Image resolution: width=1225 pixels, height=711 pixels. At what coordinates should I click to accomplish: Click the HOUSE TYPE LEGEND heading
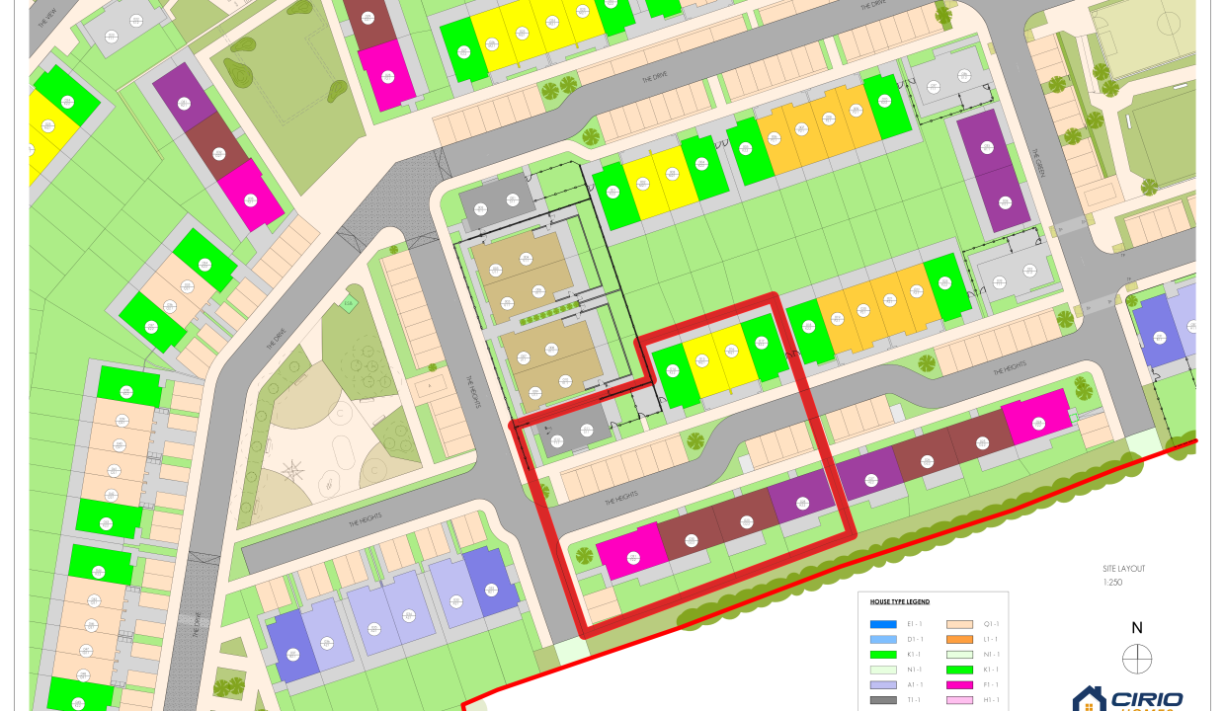pyautogui.click(x=899, y=601)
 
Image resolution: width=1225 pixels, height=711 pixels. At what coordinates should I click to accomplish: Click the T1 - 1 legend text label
pyautogui.click(x=915, y=700)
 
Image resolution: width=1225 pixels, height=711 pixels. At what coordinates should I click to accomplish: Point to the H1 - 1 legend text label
pyautogui.click(x=991, y=700)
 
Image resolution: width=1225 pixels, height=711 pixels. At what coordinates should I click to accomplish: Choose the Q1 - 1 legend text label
pyautogui.click(x=991, y=624)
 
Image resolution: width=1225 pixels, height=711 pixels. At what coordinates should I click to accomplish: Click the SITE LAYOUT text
pyautogui.click(x=1123, y=569)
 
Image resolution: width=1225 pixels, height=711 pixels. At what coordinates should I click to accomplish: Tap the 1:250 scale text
pyautogui.click(x=1112, y=583)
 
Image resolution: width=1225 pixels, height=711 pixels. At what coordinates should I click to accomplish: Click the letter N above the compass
pyautogui.click(x=1137, y=628)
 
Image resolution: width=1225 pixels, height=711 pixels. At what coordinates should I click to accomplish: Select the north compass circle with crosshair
pyautogui.click(x=1137, y=659)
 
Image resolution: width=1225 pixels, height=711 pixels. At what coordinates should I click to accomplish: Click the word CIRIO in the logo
pyautogui.click(x=1147, y=700)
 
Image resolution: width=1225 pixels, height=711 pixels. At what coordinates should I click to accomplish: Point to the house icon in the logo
pyautogui.click(x=1089, y=700)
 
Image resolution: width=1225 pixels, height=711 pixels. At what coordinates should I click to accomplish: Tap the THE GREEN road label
pyautogui.click(x=1037, y=159)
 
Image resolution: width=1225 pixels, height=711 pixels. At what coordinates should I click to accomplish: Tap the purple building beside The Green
pyautogui.click(x=992, y=170)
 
